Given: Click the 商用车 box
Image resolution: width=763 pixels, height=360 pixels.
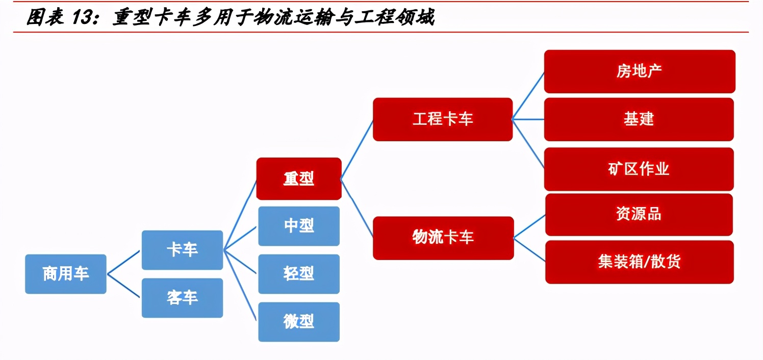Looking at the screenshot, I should [x=66, y=274].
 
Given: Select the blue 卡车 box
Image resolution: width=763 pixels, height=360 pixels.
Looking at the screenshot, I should [x=182, y=250].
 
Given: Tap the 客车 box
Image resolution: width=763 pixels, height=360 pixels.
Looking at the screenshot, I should [x=182, y=298].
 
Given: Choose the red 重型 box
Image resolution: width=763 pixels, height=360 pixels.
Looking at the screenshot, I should [x=298, y=178].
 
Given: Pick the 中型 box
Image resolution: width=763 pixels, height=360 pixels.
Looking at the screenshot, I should [x=298, y=226].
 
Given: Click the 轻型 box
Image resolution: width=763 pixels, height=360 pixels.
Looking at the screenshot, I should [x=298, y=274].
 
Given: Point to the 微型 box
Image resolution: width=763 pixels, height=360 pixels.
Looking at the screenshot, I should [x=298, y=322].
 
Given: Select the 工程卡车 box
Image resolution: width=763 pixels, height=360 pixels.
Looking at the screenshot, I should [x=442, y=119].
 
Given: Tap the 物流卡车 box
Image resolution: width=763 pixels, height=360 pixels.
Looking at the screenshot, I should [x=442, y=238].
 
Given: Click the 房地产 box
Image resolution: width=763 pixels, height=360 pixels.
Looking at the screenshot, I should [x=639, y=71].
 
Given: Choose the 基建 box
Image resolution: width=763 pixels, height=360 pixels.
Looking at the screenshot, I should [x=639, y=119].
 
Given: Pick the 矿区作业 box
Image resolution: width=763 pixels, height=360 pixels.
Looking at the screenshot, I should [x=639, y=169].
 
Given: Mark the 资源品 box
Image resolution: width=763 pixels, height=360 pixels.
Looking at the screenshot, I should [x=639, y=214].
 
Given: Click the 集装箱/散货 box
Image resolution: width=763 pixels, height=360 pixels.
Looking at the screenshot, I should [x=639, y=262].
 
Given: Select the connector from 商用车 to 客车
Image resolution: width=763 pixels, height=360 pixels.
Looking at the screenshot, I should [x=123, y=286].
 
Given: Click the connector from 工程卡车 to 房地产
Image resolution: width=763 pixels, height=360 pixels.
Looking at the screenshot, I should [x=528, y=95].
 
